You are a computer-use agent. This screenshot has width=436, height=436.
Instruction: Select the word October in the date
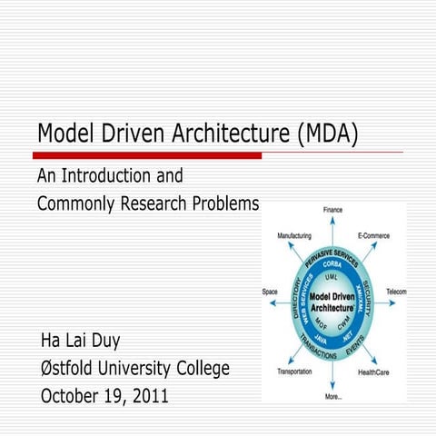74,396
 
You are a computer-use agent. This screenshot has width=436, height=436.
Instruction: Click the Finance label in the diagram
332,211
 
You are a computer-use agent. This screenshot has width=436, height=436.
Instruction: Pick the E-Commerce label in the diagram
373,235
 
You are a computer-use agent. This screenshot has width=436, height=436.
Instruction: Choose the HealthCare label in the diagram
374,372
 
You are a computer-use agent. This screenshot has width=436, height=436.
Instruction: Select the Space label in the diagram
270,292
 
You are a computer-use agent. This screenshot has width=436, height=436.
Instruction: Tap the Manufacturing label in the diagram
294,235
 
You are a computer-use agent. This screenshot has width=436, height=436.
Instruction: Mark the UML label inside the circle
332,276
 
